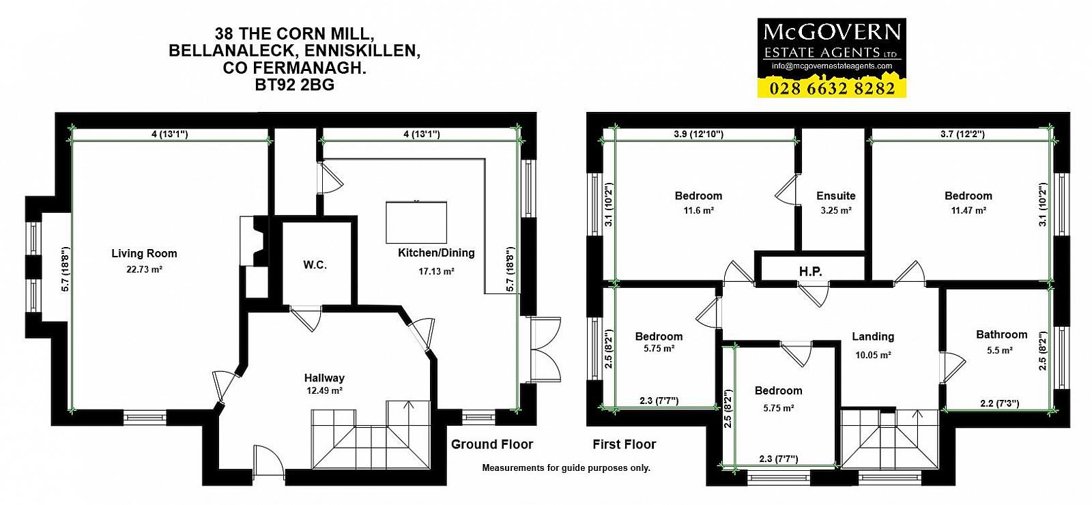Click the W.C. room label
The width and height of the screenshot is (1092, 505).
(315, 265)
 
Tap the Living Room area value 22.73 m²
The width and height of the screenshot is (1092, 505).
(144, 269)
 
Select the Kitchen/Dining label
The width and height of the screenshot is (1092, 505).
(436, 253)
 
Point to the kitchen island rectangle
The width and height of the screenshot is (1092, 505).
(416, 222)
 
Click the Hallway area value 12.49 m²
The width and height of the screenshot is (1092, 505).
(324, 390)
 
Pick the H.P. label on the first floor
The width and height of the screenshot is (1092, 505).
(811, 272)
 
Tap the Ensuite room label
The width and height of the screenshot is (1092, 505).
(836, 196)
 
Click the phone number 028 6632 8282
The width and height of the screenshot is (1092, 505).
(832, 89)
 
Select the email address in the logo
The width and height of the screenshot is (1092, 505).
(832, 66)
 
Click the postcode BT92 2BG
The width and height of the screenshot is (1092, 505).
(294, 85)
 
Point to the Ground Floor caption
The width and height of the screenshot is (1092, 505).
(492, 444)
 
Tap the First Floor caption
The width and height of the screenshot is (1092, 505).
(624, 444)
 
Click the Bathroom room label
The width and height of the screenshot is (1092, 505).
(1001, 335)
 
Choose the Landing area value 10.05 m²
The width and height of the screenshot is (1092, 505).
(873, 356)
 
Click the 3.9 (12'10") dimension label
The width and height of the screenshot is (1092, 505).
(699, 134)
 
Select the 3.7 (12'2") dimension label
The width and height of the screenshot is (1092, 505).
(962, 134)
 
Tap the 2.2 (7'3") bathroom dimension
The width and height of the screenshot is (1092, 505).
(999, 403)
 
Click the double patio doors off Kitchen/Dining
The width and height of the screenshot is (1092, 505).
(546, 349)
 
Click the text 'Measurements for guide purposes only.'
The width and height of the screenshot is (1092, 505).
(566, 468)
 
